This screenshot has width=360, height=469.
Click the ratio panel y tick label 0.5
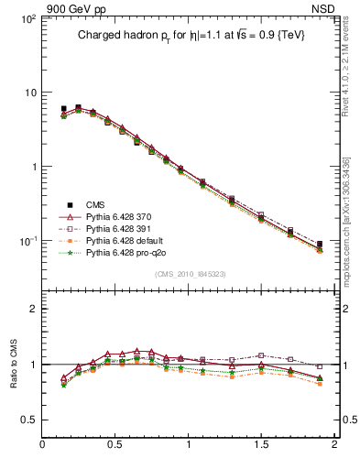28,420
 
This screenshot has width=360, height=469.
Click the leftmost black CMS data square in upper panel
63,109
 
